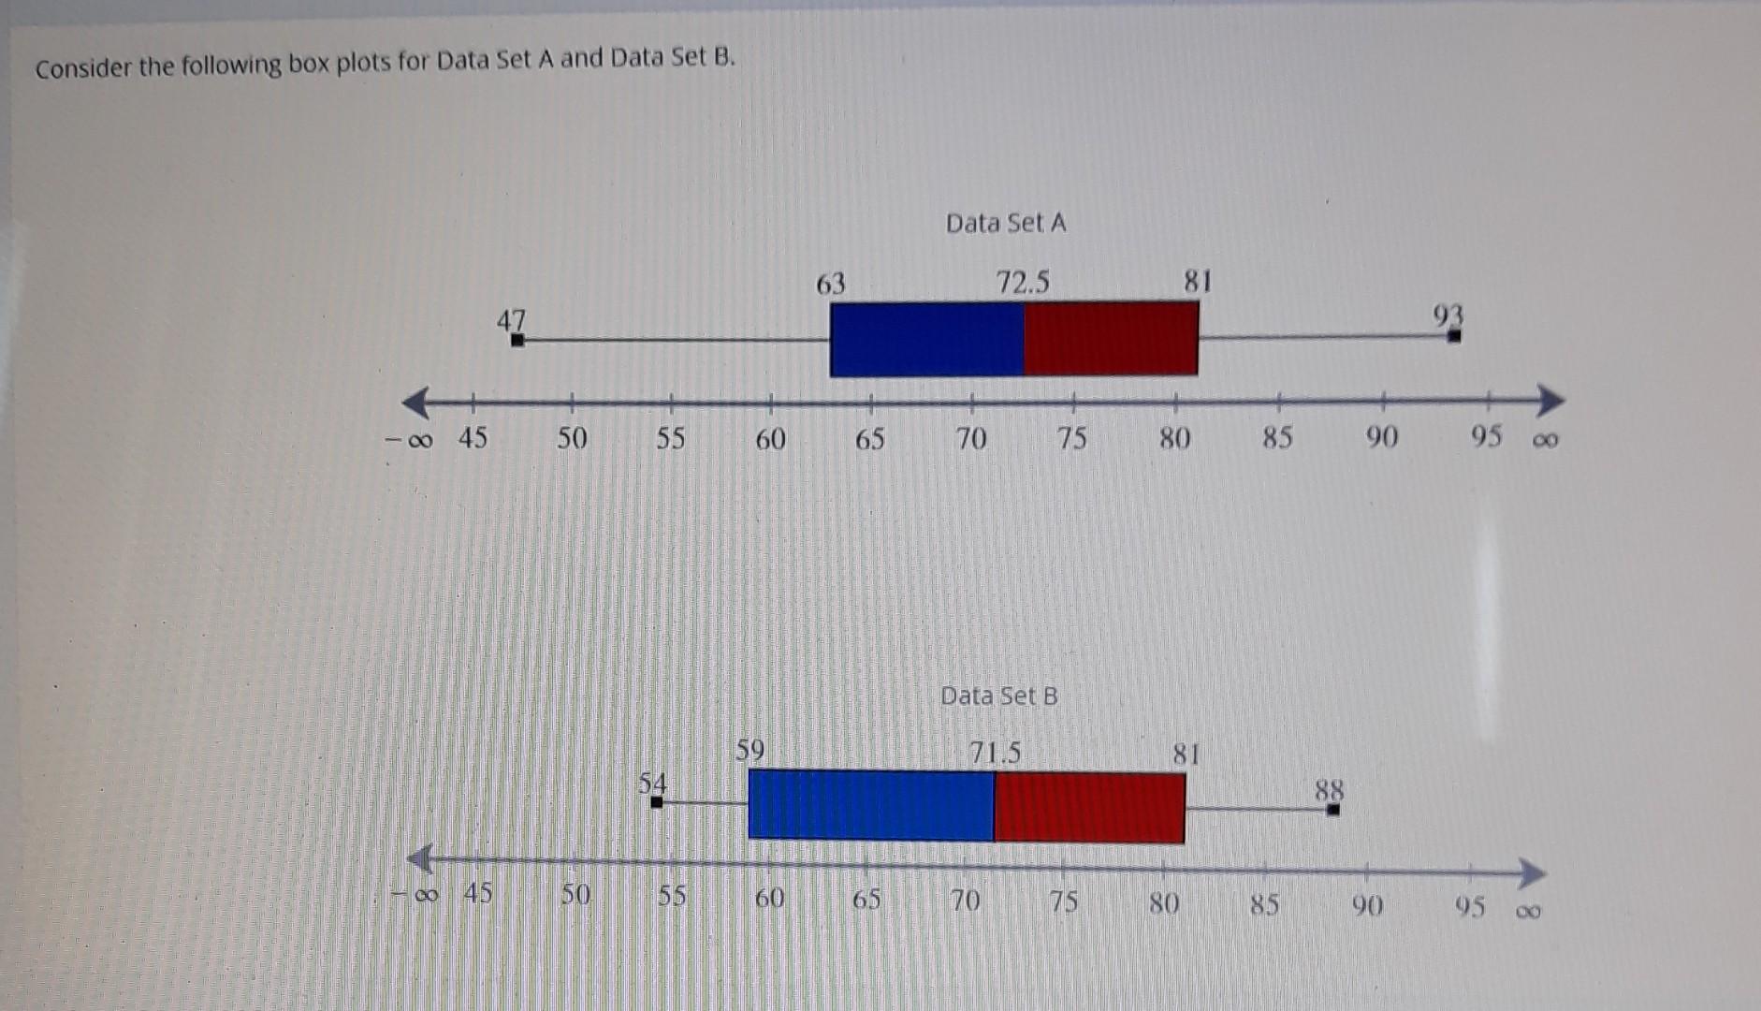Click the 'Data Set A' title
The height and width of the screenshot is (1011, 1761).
pos(1005,223)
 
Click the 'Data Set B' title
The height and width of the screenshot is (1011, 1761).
pos(998,696)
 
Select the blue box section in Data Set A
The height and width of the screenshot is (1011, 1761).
pos(926,339)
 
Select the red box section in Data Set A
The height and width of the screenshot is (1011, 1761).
pos(1111,338)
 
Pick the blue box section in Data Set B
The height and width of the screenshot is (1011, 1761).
pos(870,804)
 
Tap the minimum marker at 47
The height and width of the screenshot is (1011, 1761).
pos(517,340)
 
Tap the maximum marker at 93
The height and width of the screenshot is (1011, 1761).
pos(1454,336)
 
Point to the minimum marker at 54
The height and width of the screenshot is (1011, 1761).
pos(657,802)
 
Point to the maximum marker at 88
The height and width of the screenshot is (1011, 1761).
pos(1333,810)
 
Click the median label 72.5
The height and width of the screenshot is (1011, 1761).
pos(1022,282)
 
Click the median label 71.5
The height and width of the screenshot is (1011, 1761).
pos(995,753)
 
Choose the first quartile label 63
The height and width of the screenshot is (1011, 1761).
pos(830,284)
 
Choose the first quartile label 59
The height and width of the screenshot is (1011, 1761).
pos(750,750)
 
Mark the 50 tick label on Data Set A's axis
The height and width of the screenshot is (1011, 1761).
pos(572,438)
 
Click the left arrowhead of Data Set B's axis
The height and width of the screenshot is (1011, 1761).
pos(419,857)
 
